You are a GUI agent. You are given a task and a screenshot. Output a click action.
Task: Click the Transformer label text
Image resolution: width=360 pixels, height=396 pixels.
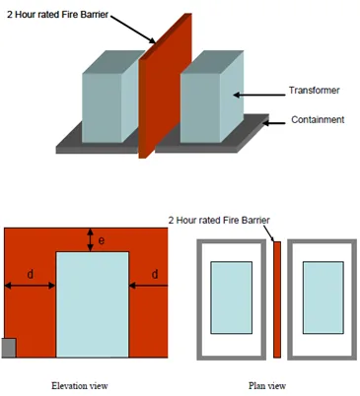pos(314,91)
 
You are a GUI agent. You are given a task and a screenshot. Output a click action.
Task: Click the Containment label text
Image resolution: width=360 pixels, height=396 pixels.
pos(318,119)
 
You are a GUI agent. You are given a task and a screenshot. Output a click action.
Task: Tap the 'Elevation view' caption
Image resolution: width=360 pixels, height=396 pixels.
pos(80,385)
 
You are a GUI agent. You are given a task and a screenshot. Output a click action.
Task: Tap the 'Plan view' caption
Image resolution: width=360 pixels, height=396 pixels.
pos(267,385)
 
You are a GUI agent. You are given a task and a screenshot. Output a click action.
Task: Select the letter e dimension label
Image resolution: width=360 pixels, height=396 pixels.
pos(102,240)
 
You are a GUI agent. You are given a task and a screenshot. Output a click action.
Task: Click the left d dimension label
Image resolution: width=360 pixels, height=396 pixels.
pos(30,274)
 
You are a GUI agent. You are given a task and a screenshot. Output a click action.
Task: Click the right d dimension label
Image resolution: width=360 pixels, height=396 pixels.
pos(155,274)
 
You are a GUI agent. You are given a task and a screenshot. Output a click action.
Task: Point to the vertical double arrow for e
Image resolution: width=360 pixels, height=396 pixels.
pos(90,240)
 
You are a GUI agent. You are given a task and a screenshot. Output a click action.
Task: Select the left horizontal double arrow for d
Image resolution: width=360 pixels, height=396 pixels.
pos(30,286)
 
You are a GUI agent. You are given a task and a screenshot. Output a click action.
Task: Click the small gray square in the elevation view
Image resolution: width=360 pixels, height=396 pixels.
pos(9,348)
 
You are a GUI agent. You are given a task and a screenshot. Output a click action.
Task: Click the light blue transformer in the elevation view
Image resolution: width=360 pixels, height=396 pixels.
pos(93,304)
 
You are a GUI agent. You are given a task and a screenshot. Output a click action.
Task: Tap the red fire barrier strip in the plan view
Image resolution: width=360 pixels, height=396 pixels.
pos(277,299)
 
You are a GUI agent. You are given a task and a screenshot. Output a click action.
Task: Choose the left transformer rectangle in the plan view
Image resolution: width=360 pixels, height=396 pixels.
pos(232,297)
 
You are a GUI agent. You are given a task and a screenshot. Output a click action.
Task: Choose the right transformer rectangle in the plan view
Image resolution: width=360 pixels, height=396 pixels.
pos(324,297)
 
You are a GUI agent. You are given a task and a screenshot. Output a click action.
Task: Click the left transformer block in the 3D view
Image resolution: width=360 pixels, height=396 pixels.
pos(110,97)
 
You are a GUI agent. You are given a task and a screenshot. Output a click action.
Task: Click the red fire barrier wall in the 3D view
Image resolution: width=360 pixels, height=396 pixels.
pos(165,86)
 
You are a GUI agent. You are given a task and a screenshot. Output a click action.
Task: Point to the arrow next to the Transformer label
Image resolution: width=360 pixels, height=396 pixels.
pos(259,96)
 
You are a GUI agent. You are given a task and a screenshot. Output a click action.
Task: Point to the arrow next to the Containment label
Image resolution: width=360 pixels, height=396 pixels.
pos(274,123)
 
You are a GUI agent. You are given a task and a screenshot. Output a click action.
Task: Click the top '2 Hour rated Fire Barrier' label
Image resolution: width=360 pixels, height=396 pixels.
pos(57,15)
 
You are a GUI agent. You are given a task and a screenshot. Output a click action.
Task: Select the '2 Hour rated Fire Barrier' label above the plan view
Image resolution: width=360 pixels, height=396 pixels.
pos(219,220)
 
